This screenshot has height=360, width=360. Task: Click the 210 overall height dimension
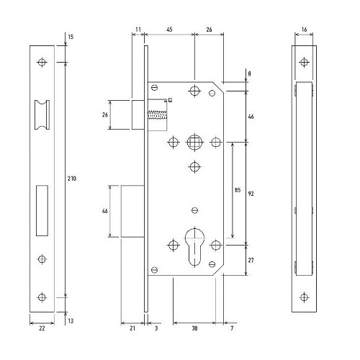[x=72, y=179]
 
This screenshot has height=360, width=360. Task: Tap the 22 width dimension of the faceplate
[x=42, y=328]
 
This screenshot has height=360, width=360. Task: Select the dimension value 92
[x=251, y=194]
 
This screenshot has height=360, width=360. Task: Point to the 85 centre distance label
[x=238, y=190]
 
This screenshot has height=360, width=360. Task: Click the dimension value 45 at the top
[x=169, y=30]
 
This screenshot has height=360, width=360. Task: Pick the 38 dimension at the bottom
[x=194, y=328]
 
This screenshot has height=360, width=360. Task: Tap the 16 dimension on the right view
[x=304, y=30]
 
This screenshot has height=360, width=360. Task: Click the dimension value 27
[x=251, y=260]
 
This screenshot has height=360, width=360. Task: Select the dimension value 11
[x=138, y=30]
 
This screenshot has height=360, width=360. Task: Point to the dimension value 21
[x=132, y=328]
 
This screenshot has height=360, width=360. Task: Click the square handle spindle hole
[x=194, y=142]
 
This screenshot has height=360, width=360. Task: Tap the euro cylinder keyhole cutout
[x=194, y=247]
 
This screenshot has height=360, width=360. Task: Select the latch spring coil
[x=157, y=114]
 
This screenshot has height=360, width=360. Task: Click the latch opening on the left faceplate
[x=42, y=114]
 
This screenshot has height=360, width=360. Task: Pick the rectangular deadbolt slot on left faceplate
[x=42, y=210]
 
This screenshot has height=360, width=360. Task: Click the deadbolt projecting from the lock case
[x=132, y=211]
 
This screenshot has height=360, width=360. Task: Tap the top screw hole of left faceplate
[x=42, y=63]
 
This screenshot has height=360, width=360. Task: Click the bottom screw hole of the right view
[x=304, y=297]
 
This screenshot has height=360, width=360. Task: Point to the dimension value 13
[x=71, y=321]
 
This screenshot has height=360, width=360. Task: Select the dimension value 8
[x=249, y=73]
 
